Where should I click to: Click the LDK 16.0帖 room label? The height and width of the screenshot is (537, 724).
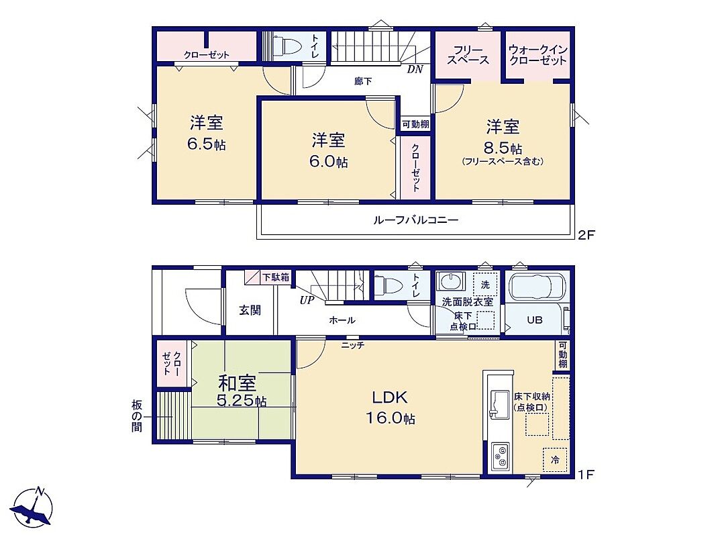(x=390, y=407)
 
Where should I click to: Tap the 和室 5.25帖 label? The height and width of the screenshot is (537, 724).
(x=241, y=391)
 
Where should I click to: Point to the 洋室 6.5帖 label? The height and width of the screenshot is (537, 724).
(x=207, y=133)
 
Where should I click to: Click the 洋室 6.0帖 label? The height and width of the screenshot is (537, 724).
(x=328, y=150)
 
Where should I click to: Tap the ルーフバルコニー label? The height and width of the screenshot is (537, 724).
(x=415, y=219)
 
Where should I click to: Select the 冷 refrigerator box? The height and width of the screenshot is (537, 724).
(x=554, y=459)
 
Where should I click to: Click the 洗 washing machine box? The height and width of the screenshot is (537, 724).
(x=485, y=285)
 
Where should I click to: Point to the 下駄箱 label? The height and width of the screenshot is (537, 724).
(x=276, y=277)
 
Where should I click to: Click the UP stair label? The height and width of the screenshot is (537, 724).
(x=307, y=300)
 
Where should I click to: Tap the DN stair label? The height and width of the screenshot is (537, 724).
(x=415, y=70)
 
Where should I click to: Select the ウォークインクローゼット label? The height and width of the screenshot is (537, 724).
(x=538, y=55)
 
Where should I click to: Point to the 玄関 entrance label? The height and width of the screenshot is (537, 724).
(x=250, y=310)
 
